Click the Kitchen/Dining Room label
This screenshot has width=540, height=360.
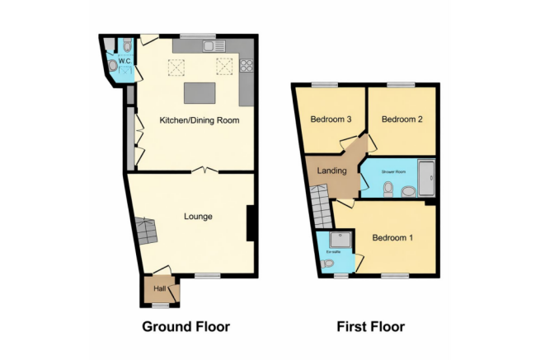pos(199,120)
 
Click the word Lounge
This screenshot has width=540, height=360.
pos(198,217)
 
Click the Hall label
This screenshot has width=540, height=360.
pos(159,288)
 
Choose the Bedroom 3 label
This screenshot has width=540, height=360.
pos(331,119)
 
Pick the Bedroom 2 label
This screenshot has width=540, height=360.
pos(401,119)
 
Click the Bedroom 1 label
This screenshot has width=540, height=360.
pos(392,238)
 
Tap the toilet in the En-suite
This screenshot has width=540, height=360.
pos(328,264)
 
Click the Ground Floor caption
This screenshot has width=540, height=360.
pos(185,326)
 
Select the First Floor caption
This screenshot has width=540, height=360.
pos(370,326)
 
